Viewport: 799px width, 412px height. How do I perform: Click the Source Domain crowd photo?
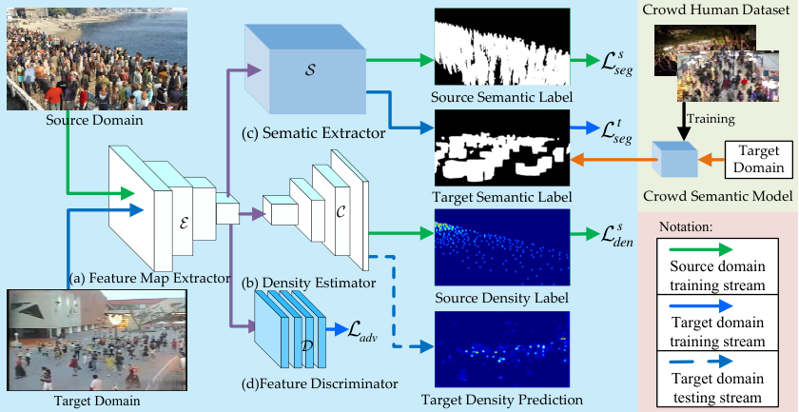pos(97,60)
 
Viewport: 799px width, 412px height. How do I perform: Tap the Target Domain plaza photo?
pos(97,340)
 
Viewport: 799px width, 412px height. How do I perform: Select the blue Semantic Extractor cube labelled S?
pos(305,69)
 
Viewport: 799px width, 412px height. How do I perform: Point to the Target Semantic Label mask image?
pos(502,147)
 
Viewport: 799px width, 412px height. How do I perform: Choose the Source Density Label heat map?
pos(502,246)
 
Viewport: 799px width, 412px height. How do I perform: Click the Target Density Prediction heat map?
pos(502,349)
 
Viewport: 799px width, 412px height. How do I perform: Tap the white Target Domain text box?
pos(759,159)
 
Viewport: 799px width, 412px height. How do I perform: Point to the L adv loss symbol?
pos(362,331)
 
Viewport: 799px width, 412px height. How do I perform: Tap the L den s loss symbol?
pos(616,236)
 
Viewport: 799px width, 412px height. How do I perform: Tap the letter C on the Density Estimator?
pos(341,212)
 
